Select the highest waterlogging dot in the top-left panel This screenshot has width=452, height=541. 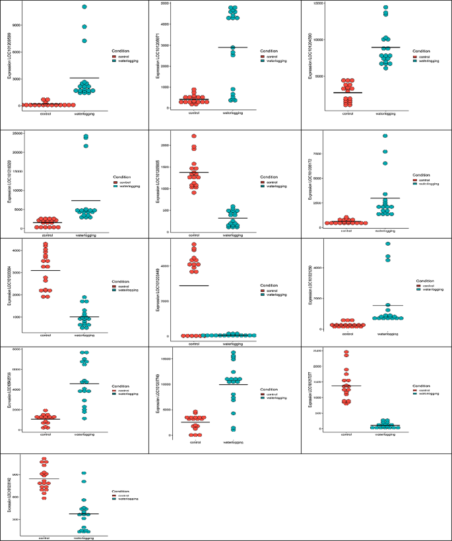(84, 7)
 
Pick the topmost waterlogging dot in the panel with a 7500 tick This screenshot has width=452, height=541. (385, 136)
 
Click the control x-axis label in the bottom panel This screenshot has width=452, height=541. (45, 538)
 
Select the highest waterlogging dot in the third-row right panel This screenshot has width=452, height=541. (388, 243)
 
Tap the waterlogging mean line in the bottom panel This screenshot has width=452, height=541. (83, 513)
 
